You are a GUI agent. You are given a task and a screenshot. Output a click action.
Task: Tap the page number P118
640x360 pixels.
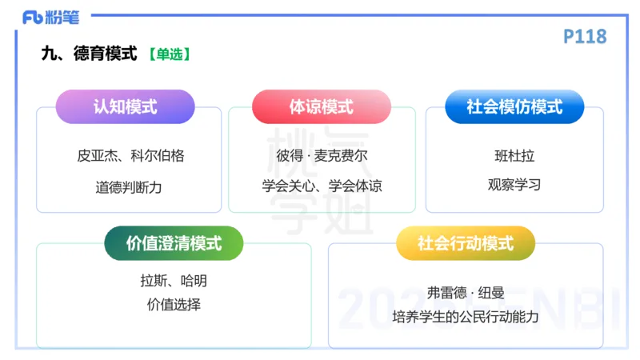coord(585,36)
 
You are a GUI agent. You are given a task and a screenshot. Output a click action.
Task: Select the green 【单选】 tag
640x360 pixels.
coord(169,54)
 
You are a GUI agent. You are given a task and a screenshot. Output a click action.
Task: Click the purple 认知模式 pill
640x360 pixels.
coord(125,106)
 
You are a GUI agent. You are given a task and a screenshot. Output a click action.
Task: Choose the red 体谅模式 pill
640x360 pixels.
coord(321,106)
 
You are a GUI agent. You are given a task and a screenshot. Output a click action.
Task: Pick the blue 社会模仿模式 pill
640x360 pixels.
coord(514,106)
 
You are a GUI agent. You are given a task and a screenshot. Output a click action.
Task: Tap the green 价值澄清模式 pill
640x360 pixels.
coord(174,243)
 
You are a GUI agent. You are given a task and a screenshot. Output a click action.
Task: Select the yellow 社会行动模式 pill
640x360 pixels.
coord(465,243)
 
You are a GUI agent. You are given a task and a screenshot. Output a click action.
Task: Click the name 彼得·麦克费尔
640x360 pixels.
coord(322,156)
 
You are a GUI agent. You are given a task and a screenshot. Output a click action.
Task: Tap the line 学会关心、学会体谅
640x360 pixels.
coord(322,186)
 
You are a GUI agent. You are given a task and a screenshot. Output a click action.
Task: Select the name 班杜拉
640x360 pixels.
coord(514,156)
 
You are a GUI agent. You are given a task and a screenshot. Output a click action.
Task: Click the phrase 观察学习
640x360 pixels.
coord(514,185)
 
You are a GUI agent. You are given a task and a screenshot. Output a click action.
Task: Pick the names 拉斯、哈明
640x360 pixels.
coord(174,281)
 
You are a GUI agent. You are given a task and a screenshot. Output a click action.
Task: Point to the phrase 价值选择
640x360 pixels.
coord(174,305)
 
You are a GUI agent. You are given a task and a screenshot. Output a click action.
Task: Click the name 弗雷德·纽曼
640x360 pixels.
coord(465,292)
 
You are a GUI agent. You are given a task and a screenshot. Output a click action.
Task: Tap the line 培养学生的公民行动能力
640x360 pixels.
coord(465,318)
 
